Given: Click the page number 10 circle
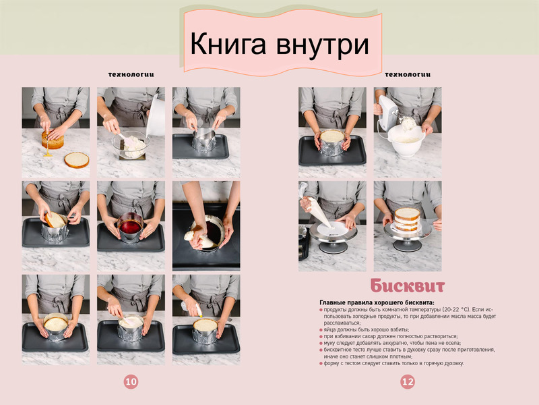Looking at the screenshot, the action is coord(131,381).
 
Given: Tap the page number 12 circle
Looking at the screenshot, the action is coord(408,381).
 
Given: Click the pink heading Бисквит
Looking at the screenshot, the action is coord(408,286).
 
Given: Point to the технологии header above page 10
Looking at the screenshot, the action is coord(131,74).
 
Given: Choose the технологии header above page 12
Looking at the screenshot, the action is coord(408,74).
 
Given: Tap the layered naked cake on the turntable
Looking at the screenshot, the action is coord(407,219).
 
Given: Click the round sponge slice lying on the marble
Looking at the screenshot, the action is coord(77,160).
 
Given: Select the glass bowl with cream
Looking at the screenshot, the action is coord(131,144).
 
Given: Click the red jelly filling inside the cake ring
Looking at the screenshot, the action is coord(130,227).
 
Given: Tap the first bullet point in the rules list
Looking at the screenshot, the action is coord(408,316).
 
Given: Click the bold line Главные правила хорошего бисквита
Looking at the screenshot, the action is coord(377,302).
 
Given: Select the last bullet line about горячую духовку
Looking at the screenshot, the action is coord(392,363).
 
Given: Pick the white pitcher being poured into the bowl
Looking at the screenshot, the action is coord(156,115).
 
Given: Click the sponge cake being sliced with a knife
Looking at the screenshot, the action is coord(53,140).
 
